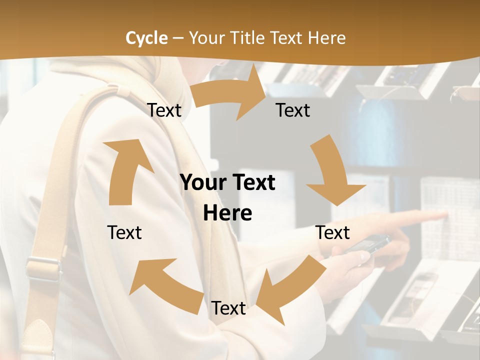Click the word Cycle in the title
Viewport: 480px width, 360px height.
click(146, 38)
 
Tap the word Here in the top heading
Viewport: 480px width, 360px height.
click(327, 38)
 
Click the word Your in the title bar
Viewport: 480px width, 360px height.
click(206, 38)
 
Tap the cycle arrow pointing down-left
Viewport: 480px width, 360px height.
click(290, 290)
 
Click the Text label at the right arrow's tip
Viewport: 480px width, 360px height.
click(293, 110)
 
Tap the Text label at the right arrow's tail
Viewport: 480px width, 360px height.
click(164, 110)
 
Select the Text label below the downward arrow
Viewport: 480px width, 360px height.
click(333, 232)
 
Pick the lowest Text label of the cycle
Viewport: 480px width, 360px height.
click(228, 308)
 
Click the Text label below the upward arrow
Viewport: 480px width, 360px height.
click(124, 232)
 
